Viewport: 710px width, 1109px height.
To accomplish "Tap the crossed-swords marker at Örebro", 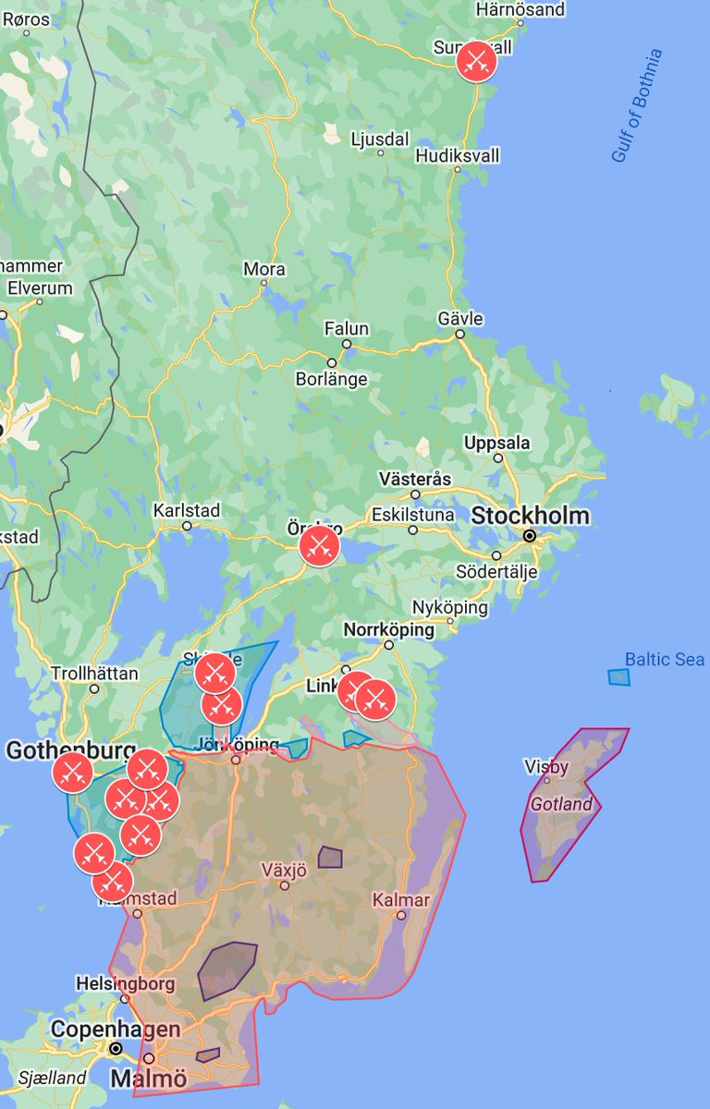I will (x=320, y=545).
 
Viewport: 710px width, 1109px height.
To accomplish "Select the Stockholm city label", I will (x=530, y=516).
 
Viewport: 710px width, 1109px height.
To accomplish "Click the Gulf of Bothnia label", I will (x=638, y=105).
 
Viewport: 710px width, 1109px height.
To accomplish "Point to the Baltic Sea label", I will (x=665, y=659).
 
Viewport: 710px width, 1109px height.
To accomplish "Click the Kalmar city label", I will (x=402, y=899).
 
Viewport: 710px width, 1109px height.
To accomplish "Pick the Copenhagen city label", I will (x=116, y=1029).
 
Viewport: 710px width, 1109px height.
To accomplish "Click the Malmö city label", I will (x=148, y=1079).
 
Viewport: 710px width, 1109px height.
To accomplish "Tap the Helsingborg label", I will (x=126, y=984).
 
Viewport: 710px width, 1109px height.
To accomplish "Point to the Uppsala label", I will (x=497, y=443).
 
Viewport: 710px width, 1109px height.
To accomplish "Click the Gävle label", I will (x=460, y=319).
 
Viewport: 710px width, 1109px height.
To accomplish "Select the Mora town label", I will (x=264, y=269).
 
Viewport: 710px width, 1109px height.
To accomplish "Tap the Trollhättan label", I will (x=94, y=673).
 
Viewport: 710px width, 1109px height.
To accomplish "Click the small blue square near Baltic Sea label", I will (x=618, y=677).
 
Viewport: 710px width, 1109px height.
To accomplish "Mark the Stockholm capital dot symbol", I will (x=530, y=536).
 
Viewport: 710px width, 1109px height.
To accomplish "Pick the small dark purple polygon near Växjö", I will (x=330, y=858).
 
